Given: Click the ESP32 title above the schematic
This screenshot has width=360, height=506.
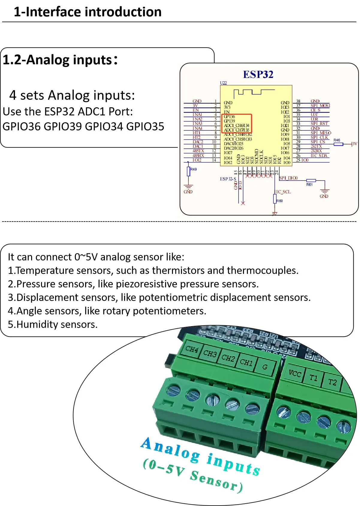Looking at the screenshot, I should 258,74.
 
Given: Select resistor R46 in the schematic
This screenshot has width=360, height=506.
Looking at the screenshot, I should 338,144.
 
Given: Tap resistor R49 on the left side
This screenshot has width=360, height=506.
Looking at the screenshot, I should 189,172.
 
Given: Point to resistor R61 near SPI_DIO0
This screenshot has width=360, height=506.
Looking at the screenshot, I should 311,181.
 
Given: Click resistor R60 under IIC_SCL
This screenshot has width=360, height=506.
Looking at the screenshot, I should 275,198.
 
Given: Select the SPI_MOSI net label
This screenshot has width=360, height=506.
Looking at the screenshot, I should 320,106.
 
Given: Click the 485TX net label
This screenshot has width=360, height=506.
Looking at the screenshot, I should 198,151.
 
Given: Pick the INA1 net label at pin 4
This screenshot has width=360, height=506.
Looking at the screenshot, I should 197,115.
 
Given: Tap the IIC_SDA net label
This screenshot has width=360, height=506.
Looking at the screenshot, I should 319,156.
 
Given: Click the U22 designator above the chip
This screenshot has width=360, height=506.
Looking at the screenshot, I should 223,83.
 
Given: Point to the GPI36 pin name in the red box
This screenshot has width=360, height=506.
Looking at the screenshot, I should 229,117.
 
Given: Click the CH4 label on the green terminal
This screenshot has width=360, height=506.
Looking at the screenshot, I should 192,349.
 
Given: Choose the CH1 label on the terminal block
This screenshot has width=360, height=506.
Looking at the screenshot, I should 246,362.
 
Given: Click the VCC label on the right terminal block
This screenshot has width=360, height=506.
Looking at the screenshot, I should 295,373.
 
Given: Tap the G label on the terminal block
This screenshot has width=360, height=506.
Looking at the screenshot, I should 265,367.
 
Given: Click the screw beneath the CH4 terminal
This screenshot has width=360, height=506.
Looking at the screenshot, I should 174,391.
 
